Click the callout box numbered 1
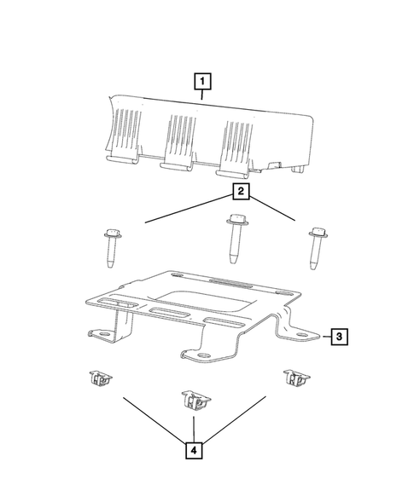click(202, 83)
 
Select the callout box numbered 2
click(242, 193)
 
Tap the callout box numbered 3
click(338, 338)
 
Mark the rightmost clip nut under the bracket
click(294, 378)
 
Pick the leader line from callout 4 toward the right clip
click(236, 416)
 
